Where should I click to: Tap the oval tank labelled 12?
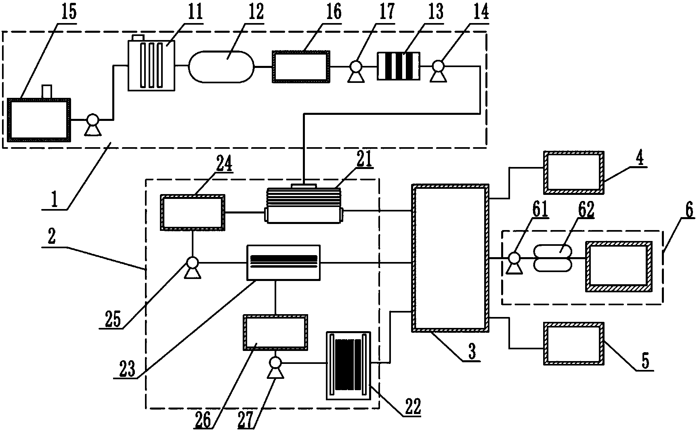point(221,67)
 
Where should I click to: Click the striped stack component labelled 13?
point(398,67)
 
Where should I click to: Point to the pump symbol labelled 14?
point(439,70)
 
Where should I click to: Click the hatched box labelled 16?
point(301,67)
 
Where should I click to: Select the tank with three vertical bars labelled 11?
point(152,63)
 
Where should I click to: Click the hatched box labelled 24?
point(193,212)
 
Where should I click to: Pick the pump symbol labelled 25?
point(192,268)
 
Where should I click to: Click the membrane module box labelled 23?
point(283,262)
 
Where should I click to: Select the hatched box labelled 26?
point(275,332)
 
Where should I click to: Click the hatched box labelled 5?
point(574,344)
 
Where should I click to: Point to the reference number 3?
point(471,352)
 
